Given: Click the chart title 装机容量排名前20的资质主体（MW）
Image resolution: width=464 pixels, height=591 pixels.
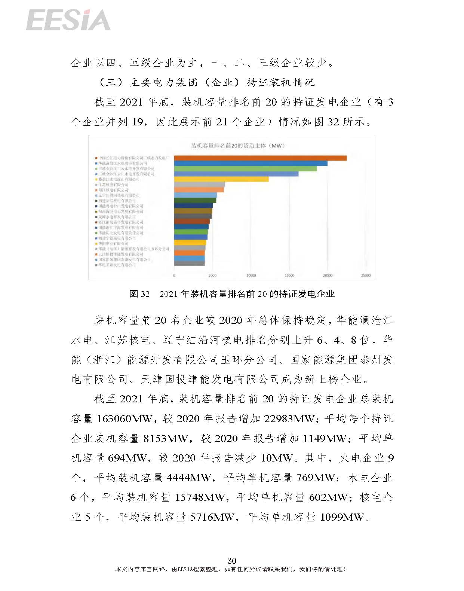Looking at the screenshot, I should (x=238, y=146).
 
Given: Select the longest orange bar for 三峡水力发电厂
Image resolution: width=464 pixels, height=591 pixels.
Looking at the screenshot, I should (x=260, y=158).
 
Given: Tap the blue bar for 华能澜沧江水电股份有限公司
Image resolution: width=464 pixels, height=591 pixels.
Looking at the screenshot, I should (x=251, y=163).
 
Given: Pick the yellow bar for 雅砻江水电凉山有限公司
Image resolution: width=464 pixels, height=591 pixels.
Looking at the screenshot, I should (x=221, y=179).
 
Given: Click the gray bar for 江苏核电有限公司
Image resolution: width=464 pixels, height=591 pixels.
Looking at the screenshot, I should (x=199, y=185).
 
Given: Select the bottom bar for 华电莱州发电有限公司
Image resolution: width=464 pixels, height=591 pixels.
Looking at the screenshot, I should (x=189, y=264).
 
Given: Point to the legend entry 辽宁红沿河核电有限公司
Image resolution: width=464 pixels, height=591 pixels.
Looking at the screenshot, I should (x=119, y=195).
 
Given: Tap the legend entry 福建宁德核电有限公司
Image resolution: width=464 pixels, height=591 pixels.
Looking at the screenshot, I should (x=117, y=238).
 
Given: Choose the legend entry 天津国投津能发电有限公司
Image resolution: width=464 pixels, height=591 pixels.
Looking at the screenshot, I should (x=120, y=254).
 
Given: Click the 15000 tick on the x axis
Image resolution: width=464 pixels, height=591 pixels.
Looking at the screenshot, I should (x=289, y=275).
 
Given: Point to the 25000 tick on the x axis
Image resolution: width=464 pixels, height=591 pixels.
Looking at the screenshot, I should (x=366, y=275).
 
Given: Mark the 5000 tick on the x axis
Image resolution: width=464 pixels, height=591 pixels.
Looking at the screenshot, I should (x=212, y=275).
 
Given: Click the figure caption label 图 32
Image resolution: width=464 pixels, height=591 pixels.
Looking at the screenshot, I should (x=139, y=294).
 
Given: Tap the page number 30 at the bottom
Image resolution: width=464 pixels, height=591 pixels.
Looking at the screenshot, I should (x=232, y=560).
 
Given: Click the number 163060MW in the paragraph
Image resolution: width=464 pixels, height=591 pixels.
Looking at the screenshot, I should (x=124, y=419).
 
